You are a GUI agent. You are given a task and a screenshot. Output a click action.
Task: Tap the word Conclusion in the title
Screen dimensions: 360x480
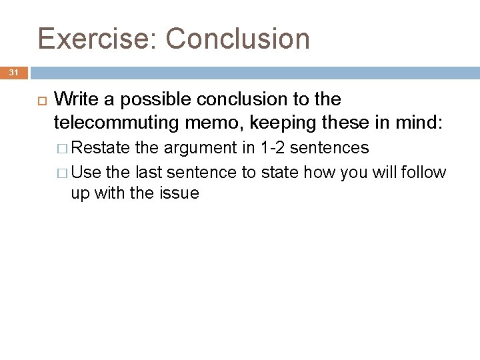(x=238, y=39)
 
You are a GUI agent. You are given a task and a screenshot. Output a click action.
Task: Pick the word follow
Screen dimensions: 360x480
(x=423, y=173)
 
